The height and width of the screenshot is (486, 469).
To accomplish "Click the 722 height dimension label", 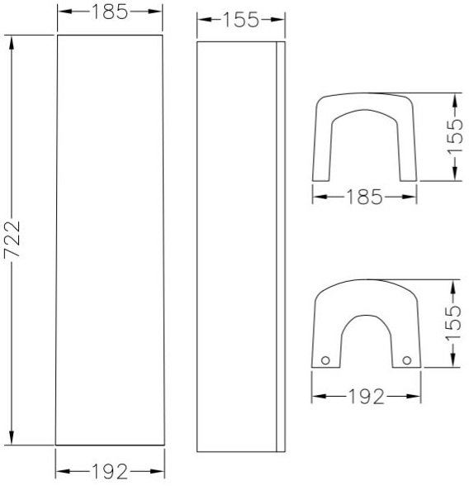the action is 12,240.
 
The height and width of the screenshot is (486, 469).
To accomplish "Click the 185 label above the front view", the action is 110,12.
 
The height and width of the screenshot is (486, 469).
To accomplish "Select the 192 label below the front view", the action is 110,471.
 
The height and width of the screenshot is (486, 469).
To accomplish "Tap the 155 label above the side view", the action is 241,20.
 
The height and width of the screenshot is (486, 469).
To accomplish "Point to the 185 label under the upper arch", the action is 364,197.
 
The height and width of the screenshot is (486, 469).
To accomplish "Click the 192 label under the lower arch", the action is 367,397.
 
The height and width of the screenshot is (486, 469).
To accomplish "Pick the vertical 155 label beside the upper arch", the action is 455,136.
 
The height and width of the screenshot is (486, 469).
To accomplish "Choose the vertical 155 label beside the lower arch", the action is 453,323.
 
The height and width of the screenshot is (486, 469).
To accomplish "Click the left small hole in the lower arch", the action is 325,360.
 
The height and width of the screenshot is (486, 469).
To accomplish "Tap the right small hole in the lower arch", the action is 407,360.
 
